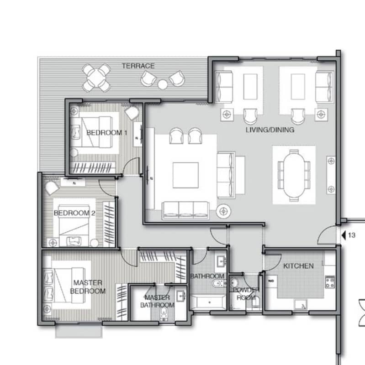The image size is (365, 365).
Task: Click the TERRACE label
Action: [138, 66]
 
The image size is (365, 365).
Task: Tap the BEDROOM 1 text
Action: [107, 133]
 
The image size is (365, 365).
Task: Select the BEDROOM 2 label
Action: [74, 213]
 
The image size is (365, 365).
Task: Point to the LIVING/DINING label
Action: [270, 130]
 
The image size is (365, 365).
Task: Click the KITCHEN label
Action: [298, 266]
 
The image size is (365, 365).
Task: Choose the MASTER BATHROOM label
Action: [157, 301]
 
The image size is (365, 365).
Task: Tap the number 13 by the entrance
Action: [351, 235]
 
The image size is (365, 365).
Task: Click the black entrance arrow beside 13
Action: [344, 235]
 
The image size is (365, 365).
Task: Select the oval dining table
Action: [294, 175]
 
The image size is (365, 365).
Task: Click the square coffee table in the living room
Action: [185, 175]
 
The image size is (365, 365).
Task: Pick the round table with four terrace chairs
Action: [96, 78]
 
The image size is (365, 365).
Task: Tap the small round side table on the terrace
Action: [163, 84]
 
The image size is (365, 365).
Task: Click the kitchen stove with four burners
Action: [330, 282]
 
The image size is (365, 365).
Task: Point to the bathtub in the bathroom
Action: [208, 302]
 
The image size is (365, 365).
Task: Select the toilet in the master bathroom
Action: [164, 313]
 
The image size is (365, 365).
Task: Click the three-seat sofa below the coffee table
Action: [185, 210]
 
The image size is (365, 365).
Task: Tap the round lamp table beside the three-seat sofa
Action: [223, 211]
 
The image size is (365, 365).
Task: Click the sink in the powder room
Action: [233, 283]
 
